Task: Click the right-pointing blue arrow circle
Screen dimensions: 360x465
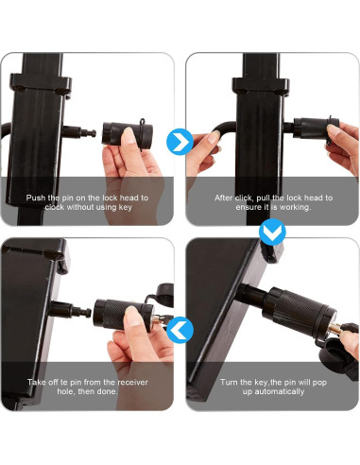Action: (180, 142)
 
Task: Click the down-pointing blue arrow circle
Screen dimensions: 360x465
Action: (272, 232)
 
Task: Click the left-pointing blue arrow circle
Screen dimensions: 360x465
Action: (180, 331)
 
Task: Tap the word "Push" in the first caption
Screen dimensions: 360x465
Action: (36, 198)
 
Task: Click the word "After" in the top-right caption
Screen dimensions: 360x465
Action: (224, 198)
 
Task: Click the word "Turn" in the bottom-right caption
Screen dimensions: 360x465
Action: (229, 382)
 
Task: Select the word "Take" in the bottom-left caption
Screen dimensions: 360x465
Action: (36, 382)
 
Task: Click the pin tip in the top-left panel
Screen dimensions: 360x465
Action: (94, 133)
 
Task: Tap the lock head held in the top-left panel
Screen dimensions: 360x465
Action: (127, 133)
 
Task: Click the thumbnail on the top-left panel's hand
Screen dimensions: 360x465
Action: (129, 136)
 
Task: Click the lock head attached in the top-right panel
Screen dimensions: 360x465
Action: (316, 129)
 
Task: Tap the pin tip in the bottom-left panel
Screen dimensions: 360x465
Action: (88, 313)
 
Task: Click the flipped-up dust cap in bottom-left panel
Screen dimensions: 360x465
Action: (164, 295)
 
